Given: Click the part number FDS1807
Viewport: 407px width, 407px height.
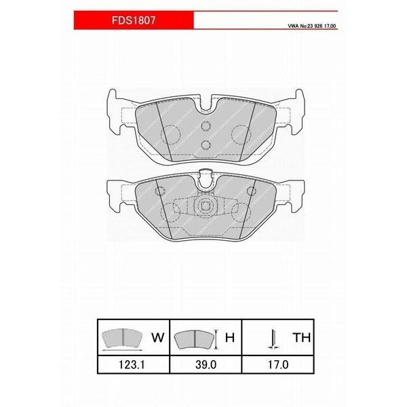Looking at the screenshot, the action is coord(134,20).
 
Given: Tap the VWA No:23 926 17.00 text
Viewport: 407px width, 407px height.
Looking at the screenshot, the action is coord(312,26).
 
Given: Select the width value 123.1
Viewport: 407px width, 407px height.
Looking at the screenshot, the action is coord(132,365).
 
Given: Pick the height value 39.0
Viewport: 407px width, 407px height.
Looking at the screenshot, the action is coord(206,365).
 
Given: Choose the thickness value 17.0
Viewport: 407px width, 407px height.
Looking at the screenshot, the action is coord(278,365).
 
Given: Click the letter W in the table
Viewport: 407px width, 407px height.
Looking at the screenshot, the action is coord(158,337).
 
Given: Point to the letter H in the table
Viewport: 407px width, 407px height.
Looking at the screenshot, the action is coord(230,337).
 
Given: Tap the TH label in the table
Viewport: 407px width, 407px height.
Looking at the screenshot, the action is coord(302,337).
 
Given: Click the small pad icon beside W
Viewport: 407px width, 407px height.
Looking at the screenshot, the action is coord(123,338).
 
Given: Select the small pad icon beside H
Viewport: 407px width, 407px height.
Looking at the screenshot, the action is coord(195,340).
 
